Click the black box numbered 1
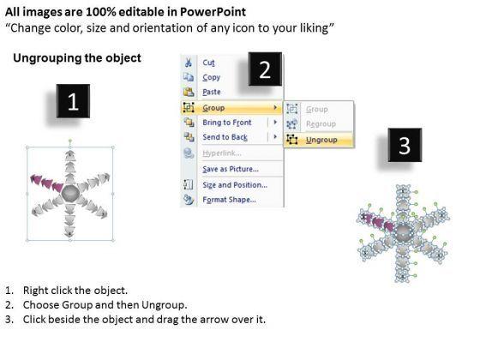(x=73, y=101)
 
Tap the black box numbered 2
(x=265, y=69)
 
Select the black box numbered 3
(x=405, y=145)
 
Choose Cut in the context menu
(x=208, y=63)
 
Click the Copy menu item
(x=211, y=77)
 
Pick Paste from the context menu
(x=212, y=92)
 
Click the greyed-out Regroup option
(x=321, y=124)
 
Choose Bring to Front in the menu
(x=227, y=123)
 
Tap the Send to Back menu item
(x=225, y=137)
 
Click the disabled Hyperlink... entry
(x=222, y=153)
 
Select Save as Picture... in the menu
(x=231, y=169)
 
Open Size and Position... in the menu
(x=235, y=185)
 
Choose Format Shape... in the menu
(x=229, y=200)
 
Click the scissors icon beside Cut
(x=189, y=63)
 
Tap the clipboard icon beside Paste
(x=189, y=92)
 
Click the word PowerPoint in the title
(x=213, y=12)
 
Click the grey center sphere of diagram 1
(x=70, y=193)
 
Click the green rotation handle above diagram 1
(x=70, y=141)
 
